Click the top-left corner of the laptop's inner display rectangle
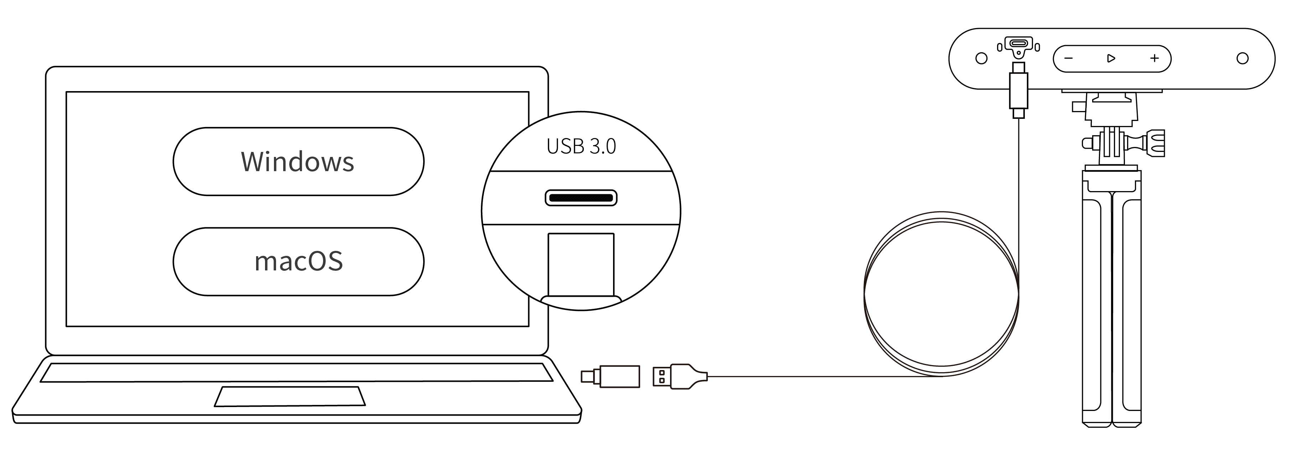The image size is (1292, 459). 66,92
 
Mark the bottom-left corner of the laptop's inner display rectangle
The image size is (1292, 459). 66,326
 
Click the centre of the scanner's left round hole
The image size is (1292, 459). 981,59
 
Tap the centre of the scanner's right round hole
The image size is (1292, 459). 1242,59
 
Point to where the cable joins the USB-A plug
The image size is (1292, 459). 707,376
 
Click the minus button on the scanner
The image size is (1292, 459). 1068,59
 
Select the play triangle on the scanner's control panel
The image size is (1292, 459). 1111,59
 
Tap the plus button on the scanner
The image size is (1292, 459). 1155,59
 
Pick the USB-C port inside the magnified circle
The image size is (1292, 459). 581,198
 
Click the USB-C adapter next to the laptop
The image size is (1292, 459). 611,376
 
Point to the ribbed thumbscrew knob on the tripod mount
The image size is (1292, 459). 1156,143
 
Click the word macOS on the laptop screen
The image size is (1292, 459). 299,262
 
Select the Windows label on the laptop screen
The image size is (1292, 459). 297,162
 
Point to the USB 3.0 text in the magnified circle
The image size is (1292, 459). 581,146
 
